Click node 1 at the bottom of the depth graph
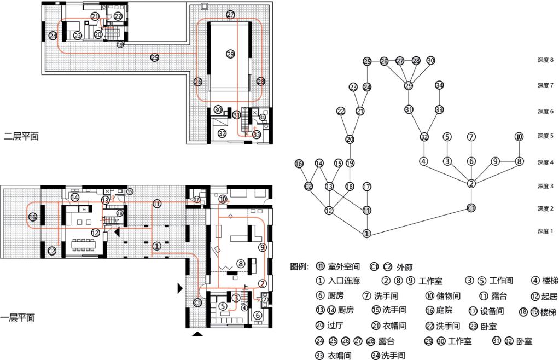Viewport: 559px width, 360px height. (367, 234)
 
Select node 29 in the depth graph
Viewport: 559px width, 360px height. (408, 86)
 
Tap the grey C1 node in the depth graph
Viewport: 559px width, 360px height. (471, 208)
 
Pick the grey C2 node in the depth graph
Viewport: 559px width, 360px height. (308, 186)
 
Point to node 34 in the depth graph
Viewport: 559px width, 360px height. (439, 85)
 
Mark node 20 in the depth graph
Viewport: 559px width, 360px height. (350, 139)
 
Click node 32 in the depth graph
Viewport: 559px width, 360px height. (424, 136)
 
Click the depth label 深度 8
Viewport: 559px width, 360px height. (545, 60)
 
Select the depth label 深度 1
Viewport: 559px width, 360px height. (545, 231)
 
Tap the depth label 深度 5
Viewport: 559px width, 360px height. (545, 136)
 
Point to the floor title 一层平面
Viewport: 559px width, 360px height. (18, 317)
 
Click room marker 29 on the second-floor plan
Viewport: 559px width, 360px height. (230, 54)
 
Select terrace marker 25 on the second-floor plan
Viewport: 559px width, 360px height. (155, 57)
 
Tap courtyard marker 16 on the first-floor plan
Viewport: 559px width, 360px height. (32, 217)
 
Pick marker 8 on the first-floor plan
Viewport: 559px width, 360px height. (240, 264)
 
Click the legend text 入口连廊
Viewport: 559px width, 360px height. (345, 281)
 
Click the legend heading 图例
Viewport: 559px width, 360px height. (300, 266)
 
